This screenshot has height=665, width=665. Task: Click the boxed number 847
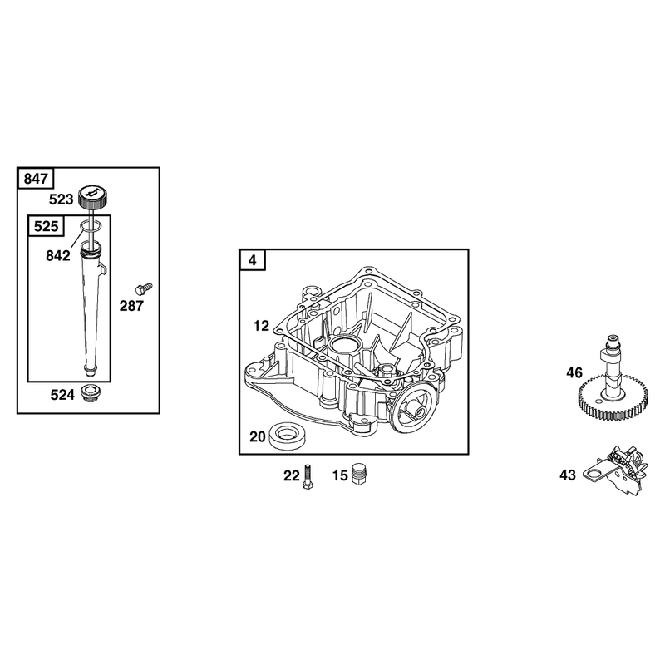36,179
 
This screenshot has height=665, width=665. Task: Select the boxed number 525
46,226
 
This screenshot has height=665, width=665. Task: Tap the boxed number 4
253,260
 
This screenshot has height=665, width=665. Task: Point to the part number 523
61,199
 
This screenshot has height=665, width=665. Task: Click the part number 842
58,256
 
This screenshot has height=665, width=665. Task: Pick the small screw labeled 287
143,288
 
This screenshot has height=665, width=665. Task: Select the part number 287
131,306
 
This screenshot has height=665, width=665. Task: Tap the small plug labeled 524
90,393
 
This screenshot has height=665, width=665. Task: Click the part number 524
62,395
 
